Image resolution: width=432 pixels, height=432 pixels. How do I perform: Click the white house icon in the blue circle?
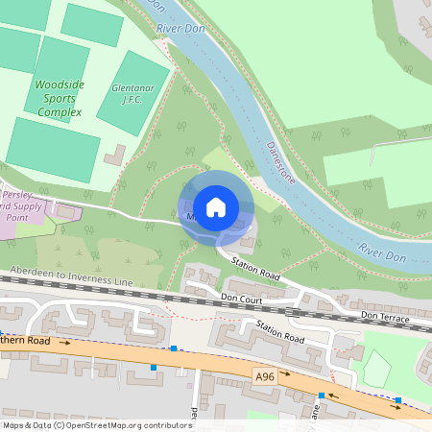pos(216,206)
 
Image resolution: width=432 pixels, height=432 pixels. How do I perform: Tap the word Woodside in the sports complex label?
pos(60,84)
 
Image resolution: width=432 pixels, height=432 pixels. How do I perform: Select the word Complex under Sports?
pos(60,111)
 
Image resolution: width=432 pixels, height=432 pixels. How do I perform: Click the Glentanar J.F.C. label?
pos(132,92)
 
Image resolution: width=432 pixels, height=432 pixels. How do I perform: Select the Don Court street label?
pos(241,298)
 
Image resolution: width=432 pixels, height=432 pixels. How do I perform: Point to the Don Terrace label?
pos(385,317)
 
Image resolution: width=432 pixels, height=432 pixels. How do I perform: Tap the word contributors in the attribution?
pos(164,425)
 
